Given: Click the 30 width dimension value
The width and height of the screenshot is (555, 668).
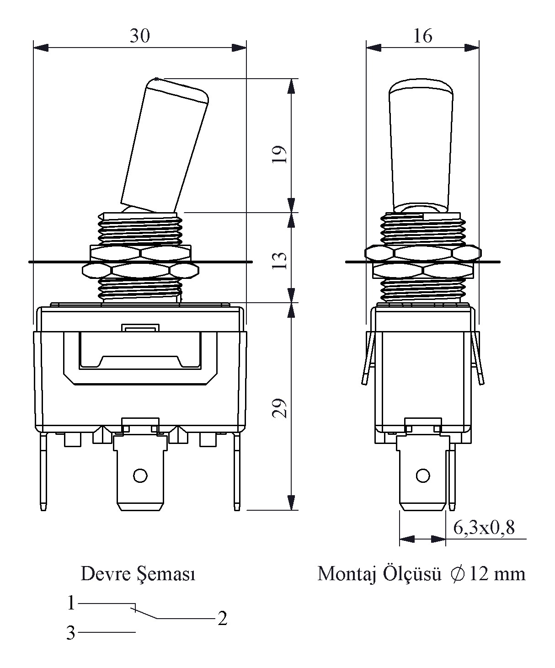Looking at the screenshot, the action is point(140,36).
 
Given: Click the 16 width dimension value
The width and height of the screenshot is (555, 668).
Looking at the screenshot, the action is point(423,36).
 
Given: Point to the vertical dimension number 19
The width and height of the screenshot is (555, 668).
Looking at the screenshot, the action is point(279,154).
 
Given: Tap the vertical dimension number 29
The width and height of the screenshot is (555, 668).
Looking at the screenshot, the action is point(279,408).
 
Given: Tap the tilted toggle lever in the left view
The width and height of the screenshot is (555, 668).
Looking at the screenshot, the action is point(165,145).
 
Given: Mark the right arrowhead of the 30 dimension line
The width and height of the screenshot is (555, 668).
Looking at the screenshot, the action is point(239,48).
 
